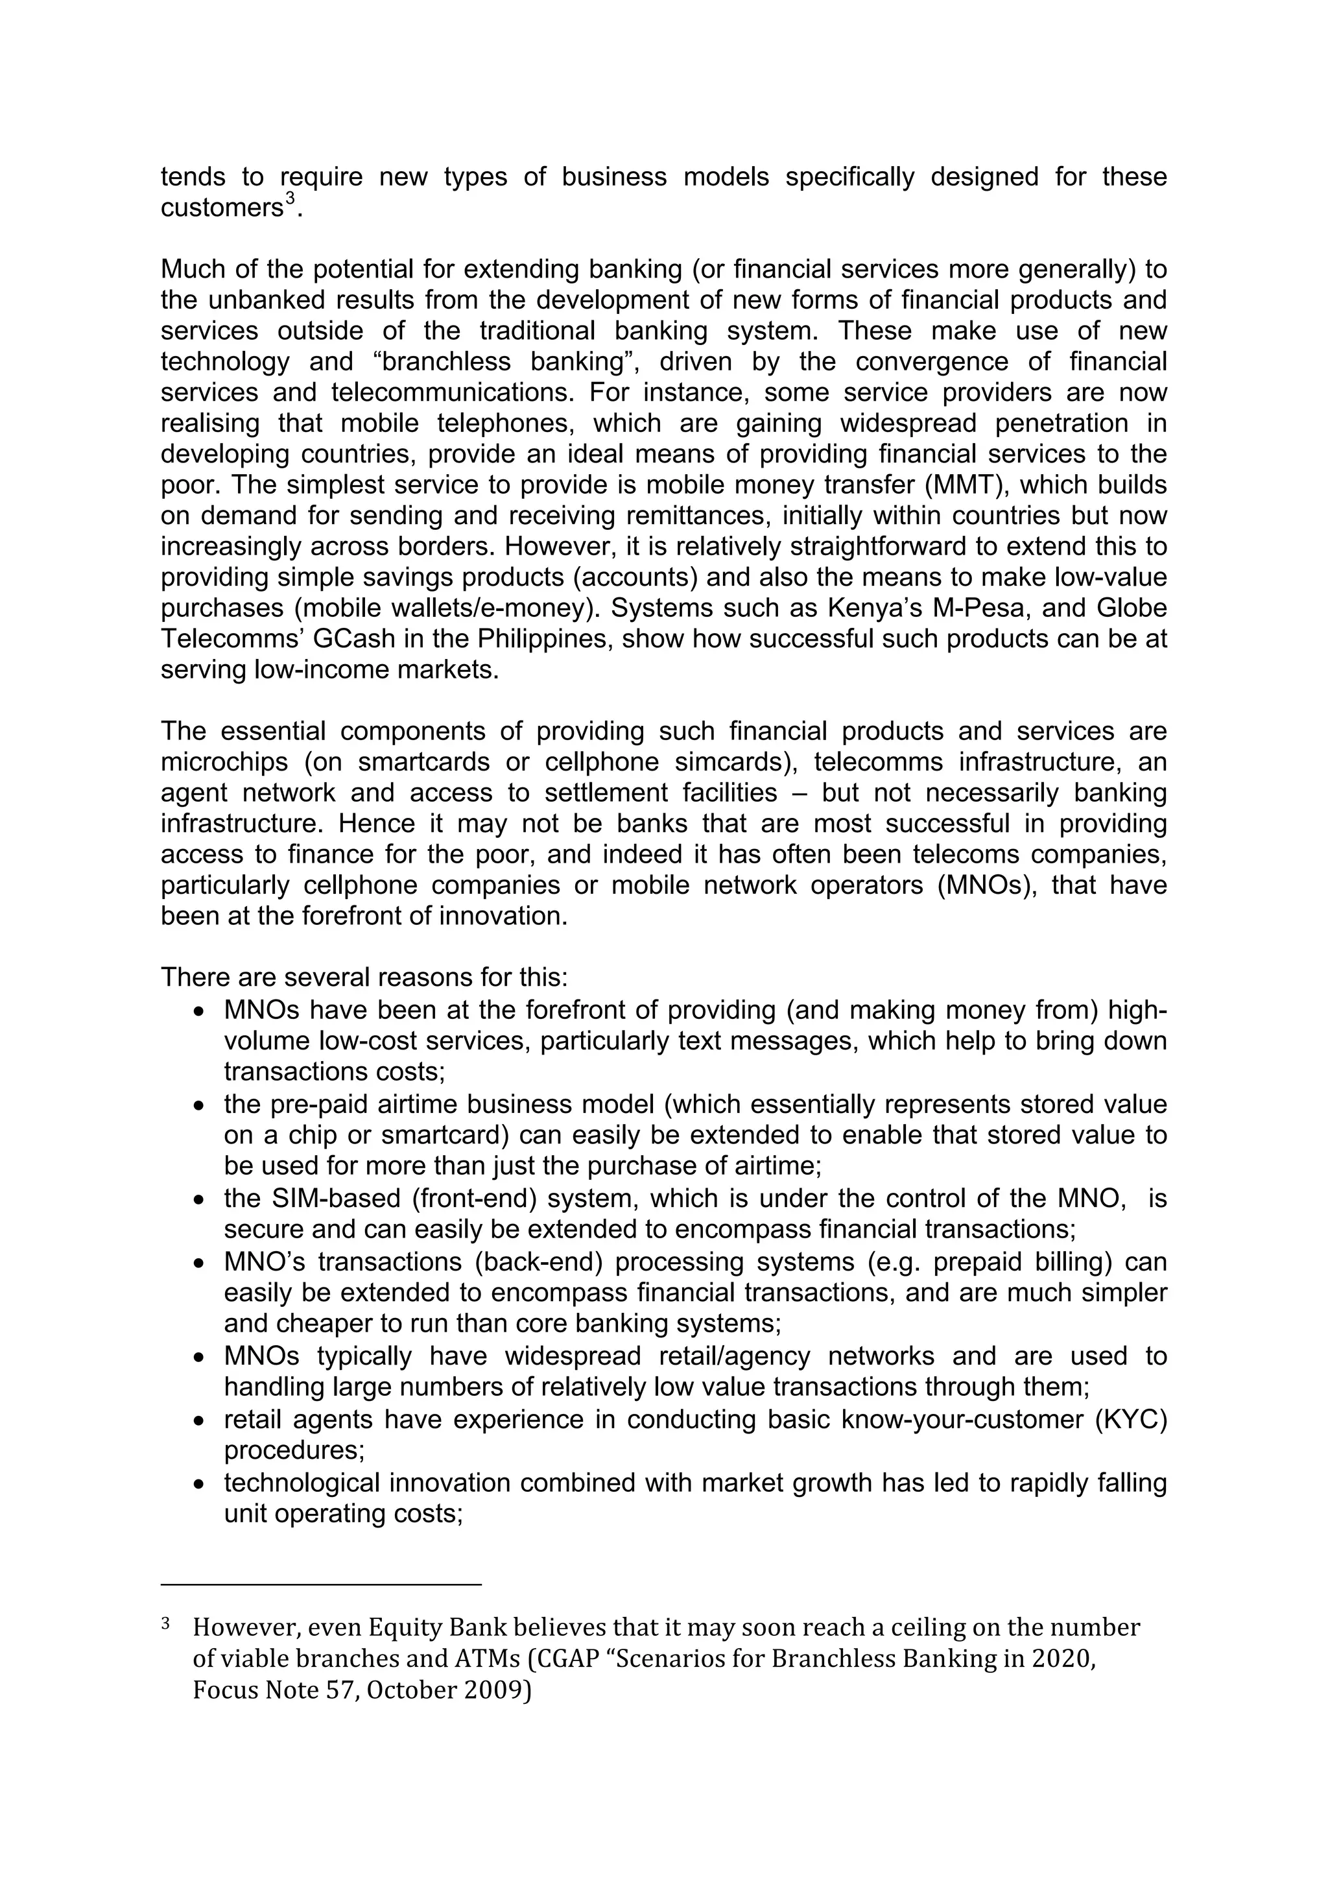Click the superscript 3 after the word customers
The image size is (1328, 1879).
pos(289,200)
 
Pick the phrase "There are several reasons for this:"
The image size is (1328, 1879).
pos(364,978)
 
